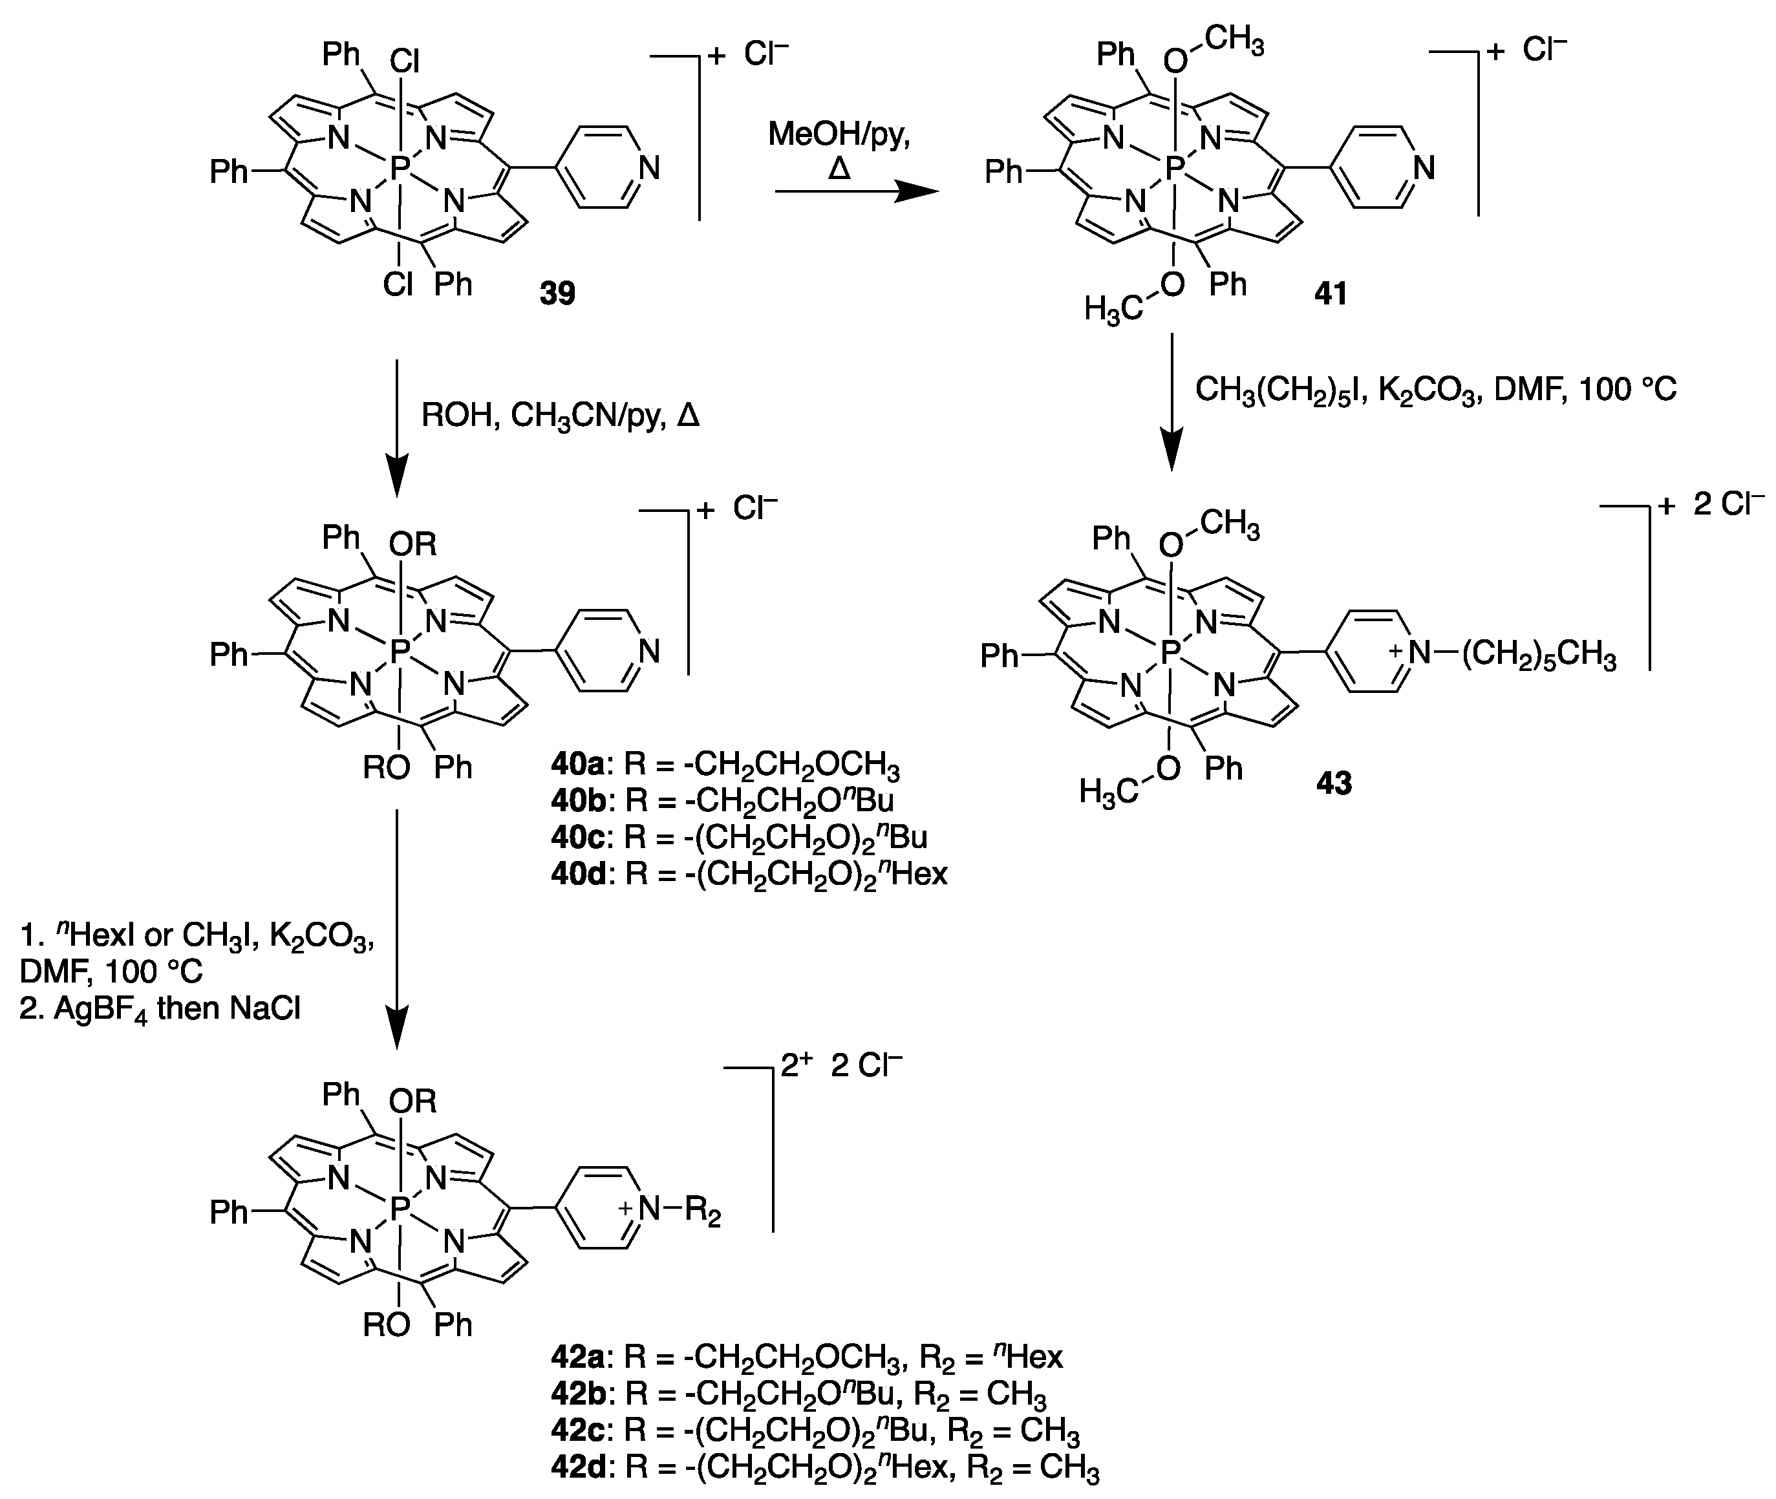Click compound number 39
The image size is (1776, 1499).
(x=557, y=293)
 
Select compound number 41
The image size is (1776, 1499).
(x=1331, y=293)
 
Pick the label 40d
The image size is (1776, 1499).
(x=576, y=873)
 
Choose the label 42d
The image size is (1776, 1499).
(x=576, y=1469)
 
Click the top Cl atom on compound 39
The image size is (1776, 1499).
(x=405, y=61)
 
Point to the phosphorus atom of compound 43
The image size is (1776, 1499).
(x=1170, y=653)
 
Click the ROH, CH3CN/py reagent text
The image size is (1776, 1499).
(x=560, y=416)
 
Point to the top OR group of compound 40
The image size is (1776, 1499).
(x=414, y=544)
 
